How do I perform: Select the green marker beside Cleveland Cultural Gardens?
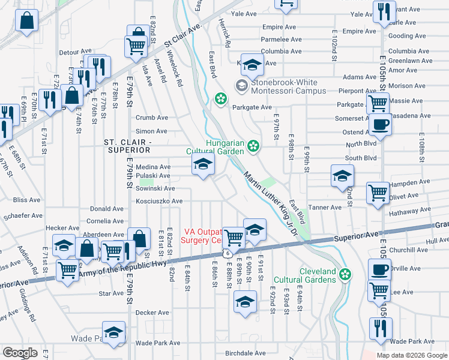[345, 275]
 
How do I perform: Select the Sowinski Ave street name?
[155, 188]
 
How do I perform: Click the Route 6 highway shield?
[228, 254]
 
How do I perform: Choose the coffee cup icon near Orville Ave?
[379, 269]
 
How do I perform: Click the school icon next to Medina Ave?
[202, 165]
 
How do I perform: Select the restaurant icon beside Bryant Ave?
[383, 11]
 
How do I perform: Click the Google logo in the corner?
[20, 353]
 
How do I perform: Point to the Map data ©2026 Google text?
[411, 355]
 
